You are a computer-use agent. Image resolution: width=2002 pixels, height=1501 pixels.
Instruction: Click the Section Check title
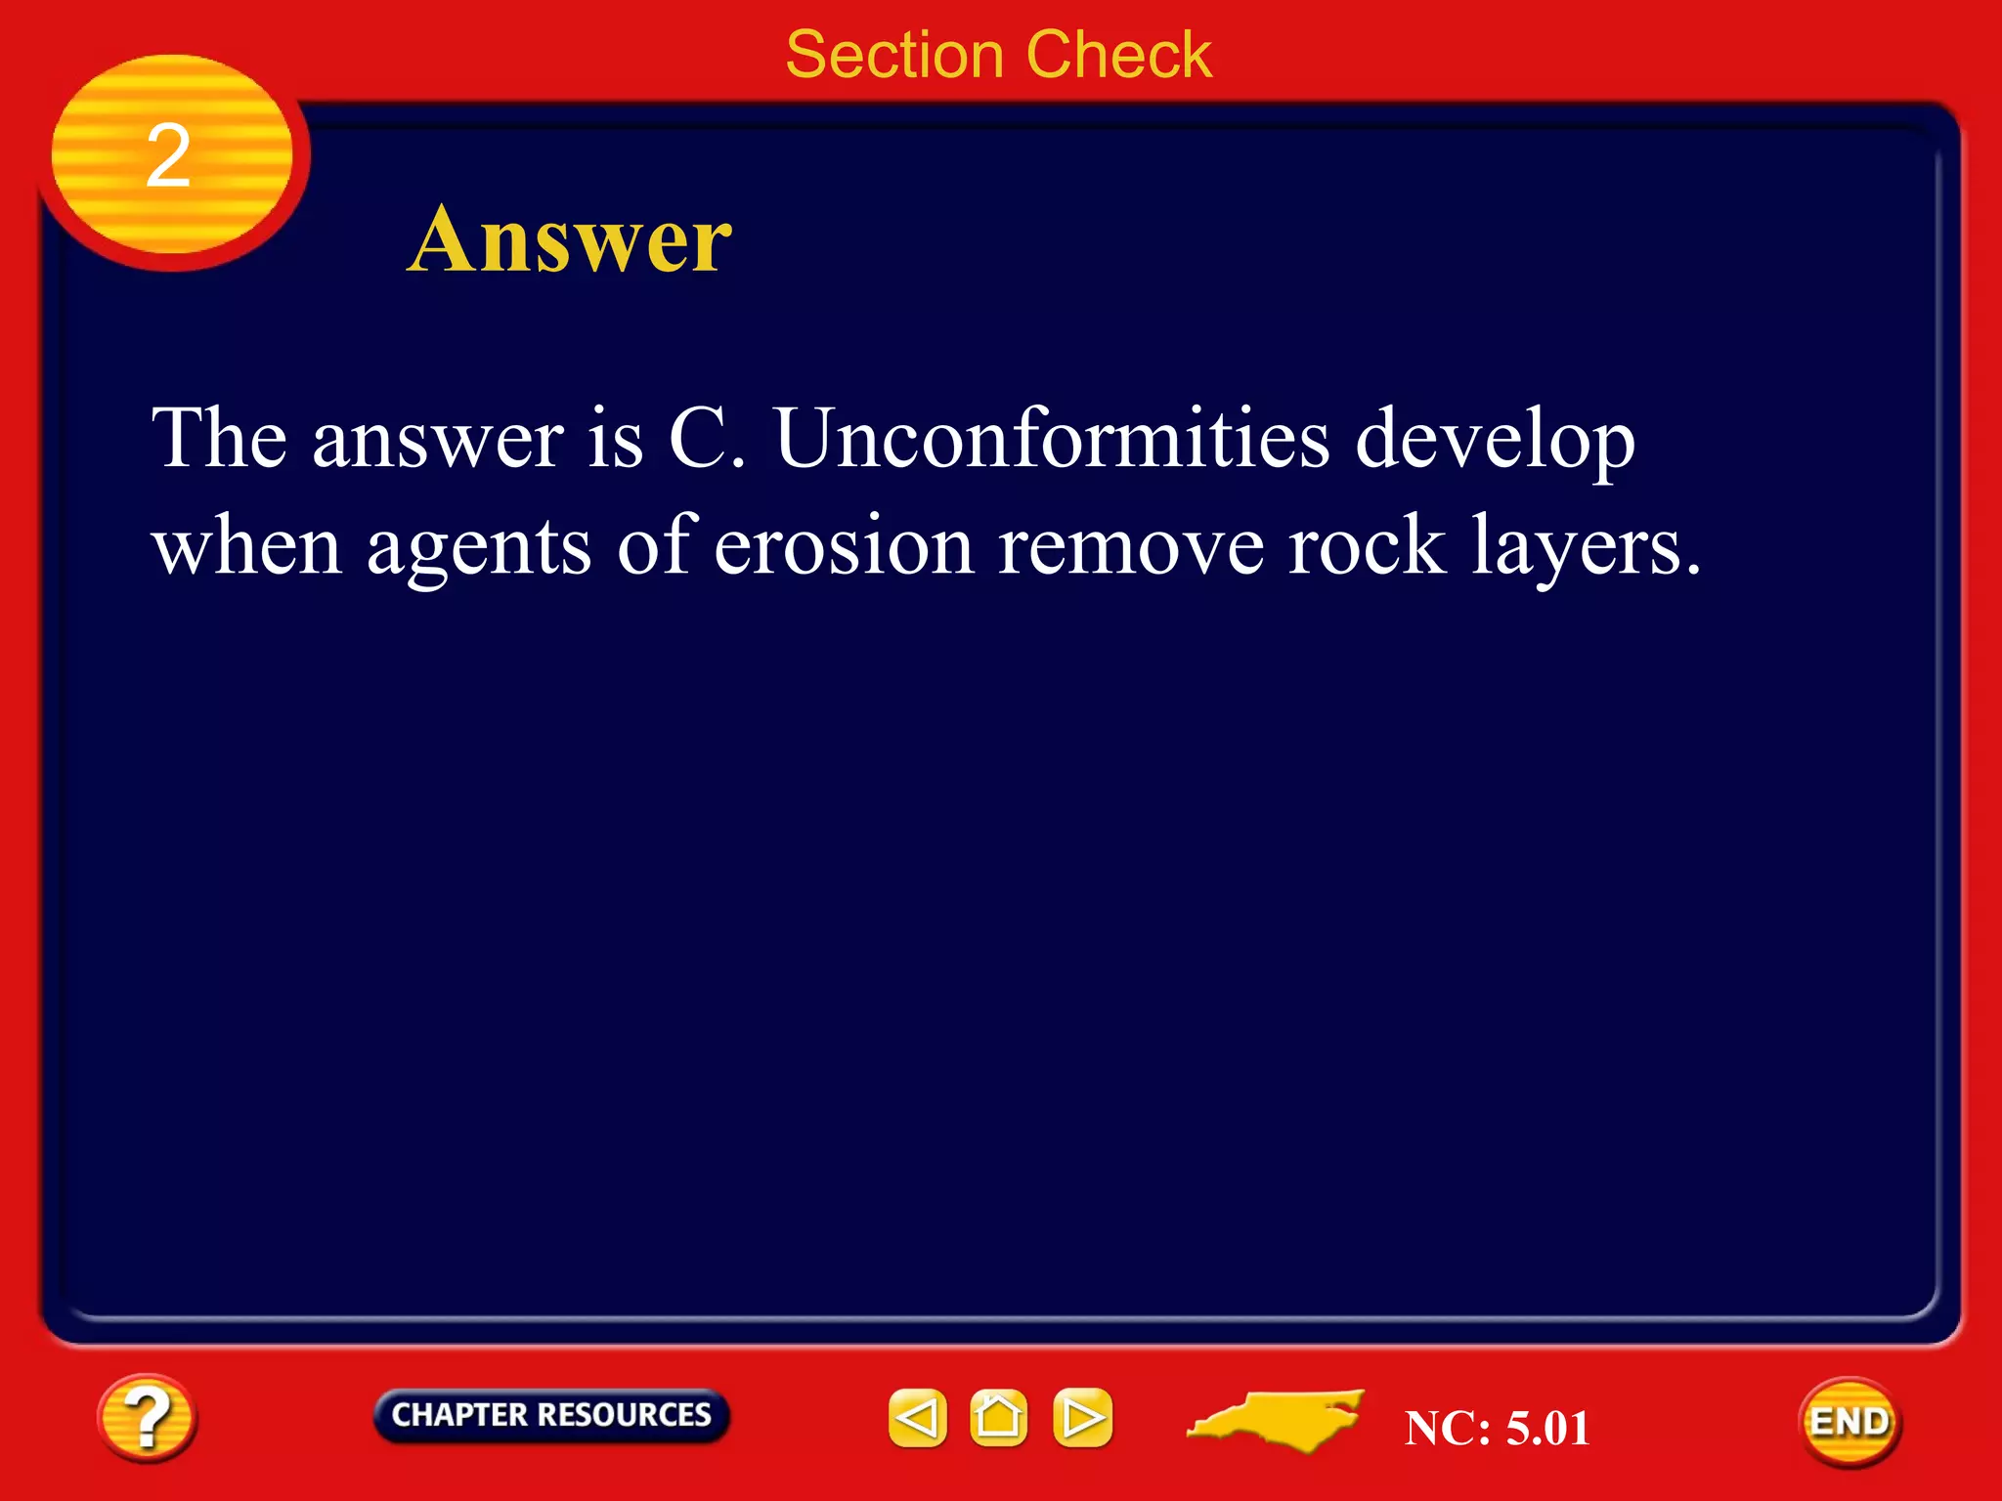pyautogui.click(x=998, y=55)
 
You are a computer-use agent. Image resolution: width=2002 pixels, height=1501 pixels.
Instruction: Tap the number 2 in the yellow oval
pyautogui.click(x=168, y=156)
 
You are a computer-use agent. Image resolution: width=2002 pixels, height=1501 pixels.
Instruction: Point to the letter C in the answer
pyautogui.click(x=696, y=438)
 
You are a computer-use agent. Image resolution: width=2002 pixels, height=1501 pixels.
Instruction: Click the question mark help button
pyautogui.click(x=147, y=1418)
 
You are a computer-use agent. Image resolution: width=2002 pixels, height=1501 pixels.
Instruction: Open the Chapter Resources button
pyautogui.click(x=550, y=1415)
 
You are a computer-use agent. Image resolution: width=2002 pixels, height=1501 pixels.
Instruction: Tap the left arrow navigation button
pyautogui.click(x=917, y=1417)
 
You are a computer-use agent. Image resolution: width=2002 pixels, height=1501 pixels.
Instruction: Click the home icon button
pyautogui.click(x=998, y=1417)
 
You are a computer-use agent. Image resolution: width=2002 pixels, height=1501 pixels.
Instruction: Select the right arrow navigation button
pyautogui.click(x=1082, y=1417)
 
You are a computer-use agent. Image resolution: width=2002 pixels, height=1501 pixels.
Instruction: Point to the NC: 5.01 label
pyautogui.click(x=1496, y=1428)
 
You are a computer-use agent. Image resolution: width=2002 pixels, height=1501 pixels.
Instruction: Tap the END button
pyautogui.click(x=1849, y=1422)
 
